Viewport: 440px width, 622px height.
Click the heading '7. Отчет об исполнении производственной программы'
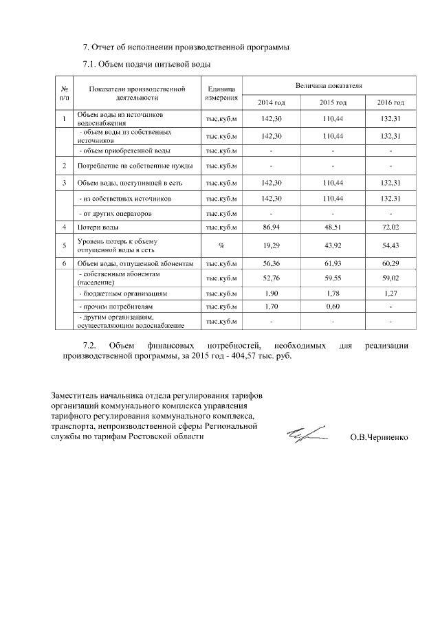[186, 47]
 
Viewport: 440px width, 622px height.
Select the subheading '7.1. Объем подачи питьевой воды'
[146, 64]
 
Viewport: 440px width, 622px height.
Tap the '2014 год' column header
[271, 102]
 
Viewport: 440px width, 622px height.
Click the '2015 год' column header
[333, 102]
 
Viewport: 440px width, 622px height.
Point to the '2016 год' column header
[390, 102]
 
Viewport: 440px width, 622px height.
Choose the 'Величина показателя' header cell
[328, 85]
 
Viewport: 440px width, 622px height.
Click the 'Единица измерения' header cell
[221, 93]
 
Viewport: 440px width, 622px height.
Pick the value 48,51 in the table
[333, 226]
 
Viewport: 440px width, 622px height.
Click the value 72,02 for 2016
[390, 226]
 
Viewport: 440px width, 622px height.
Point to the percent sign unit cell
[221, 245]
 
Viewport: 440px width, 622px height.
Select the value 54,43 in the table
[390, 245]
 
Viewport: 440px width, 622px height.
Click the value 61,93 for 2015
[333, 263]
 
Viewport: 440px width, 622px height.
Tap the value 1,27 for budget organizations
[390, 293]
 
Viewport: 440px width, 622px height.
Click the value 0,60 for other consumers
[333, 307]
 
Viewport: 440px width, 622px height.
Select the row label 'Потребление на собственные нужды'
[135, 166]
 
